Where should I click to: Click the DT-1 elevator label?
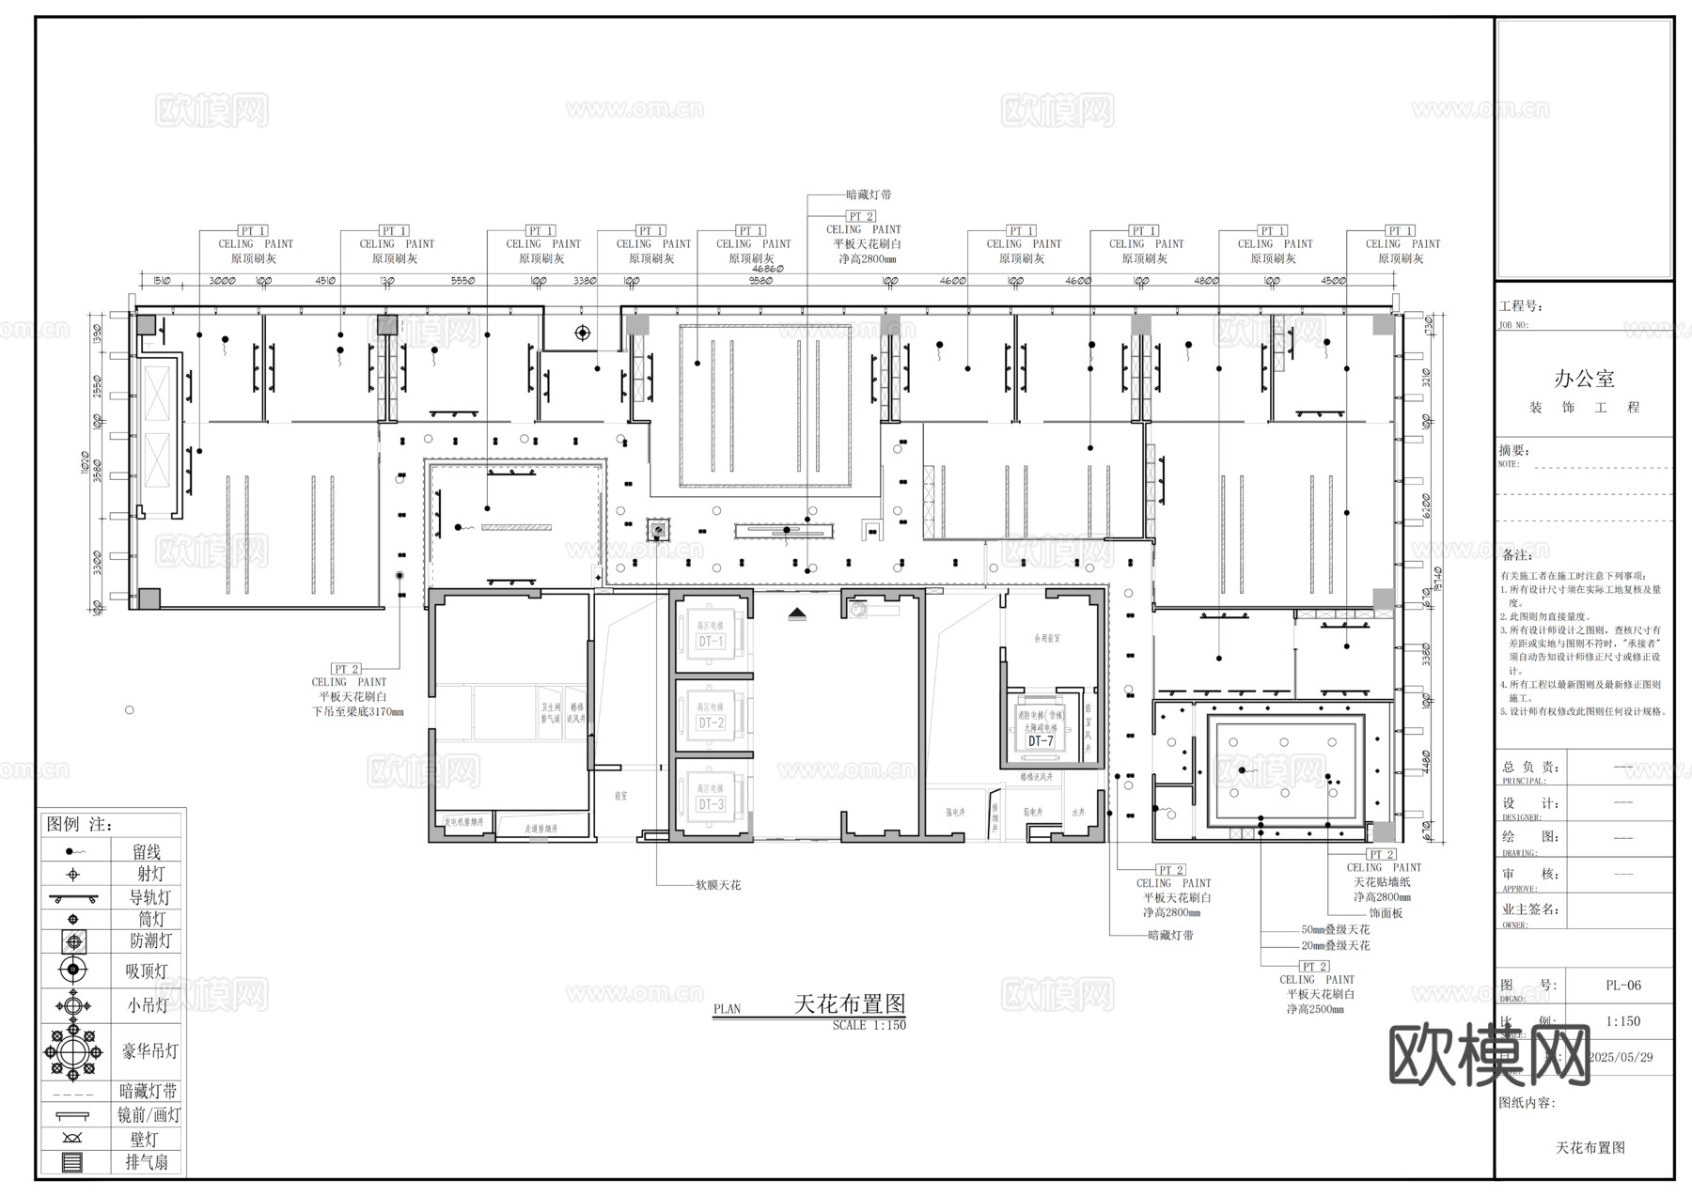(x=711, y=642)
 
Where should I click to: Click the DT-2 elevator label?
(x=711, y=722)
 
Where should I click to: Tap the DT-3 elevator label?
(x=711, y=804)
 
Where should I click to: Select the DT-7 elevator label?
(x=1041, y=741)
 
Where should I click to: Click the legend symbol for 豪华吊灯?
(x=73, y=1051)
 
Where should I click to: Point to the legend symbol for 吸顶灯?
(x=73, y=970)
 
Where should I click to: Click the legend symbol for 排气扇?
(x=72, y=1163)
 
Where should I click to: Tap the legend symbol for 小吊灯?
(x=73, y=1006)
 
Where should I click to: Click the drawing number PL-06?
(x=1623, y=986)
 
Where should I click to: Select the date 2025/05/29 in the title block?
(x=1621, y=1057)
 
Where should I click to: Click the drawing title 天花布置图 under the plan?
(x=850, y=1003)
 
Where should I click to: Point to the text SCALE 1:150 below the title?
(x=869, y=1026)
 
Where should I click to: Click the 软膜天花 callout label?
(x=718, y=885)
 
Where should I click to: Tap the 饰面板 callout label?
(x=1386, y=912)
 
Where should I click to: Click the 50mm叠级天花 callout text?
(x=1335, y=929)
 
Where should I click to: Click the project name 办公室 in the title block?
(x=1584, y=379)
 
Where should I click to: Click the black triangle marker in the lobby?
(x=798, y=614)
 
